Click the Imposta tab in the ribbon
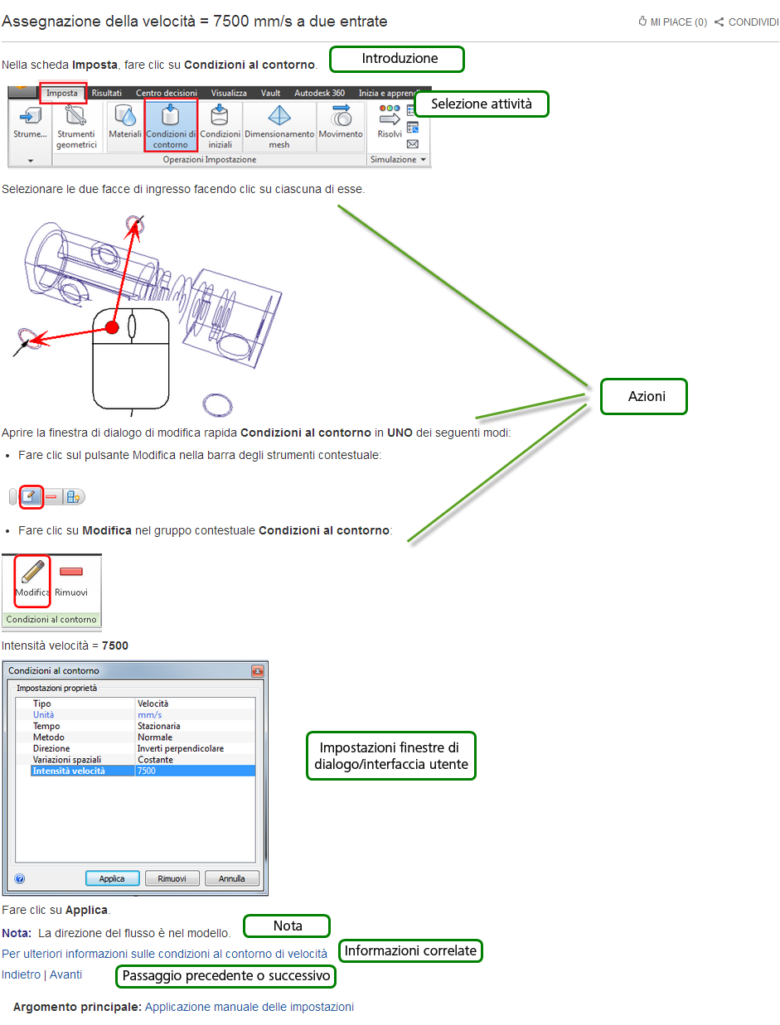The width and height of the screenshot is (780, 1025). (x=63, y=93)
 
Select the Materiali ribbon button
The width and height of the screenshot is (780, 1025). (x=124, y=122)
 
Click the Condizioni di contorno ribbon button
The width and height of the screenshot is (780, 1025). (x=171, y=124)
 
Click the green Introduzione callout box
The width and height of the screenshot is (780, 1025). (x=396, y=59)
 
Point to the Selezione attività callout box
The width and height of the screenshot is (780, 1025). (x=481, y=104)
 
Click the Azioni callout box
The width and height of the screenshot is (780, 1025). (x=643, y=396)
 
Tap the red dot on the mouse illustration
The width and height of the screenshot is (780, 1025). (x=112, y=327)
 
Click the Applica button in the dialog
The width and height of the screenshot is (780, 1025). (x=112, y=878)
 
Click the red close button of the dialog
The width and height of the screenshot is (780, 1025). (x=257, y=671)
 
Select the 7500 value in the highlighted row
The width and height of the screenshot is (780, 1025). (x=147, y=771)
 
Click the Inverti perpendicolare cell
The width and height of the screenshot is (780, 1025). (x=181, y=748)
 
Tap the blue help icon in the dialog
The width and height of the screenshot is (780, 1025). (x=20, y=879)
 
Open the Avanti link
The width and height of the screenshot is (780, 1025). (x=65, y=974)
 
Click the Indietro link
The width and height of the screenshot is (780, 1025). (x=21, y=974)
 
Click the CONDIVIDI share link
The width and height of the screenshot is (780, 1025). (x=747, y=22)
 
